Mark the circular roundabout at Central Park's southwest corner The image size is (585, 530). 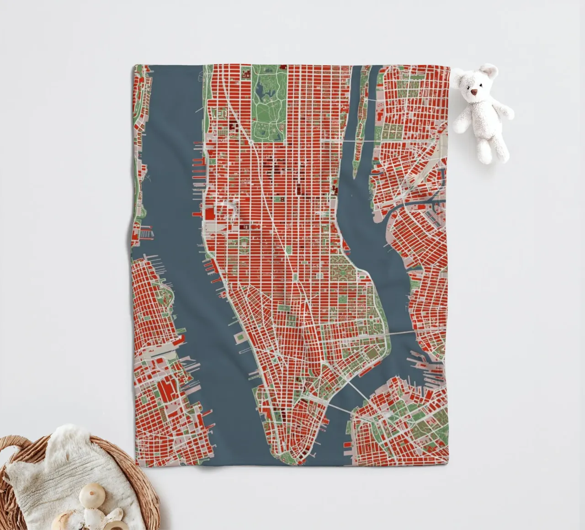251,143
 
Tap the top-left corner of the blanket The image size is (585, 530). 134,67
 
